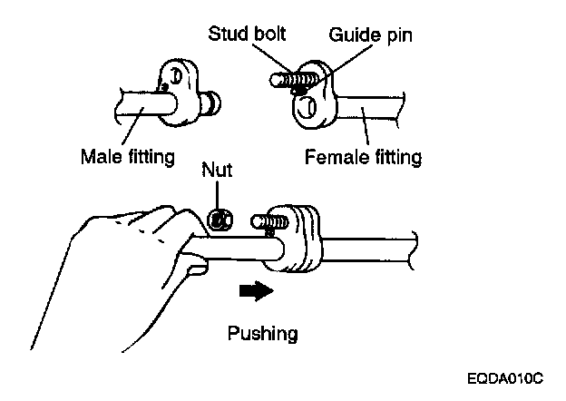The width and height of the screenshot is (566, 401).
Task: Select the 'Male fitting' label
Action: tap(126, 156)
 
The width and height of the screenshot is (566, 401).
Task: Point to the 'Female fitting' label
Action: tap(363, 156)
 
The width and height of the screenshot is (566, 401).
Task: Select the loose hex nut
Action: tap(220, 219)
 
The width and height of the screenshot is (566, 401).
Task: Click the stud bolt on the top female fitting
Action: tap(288, 79)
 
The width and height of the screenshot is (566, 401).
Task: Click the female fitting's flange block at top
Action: tap(313, 100)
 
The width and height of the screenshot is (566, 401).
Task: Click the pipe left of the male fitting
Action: tap(136, 103)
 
